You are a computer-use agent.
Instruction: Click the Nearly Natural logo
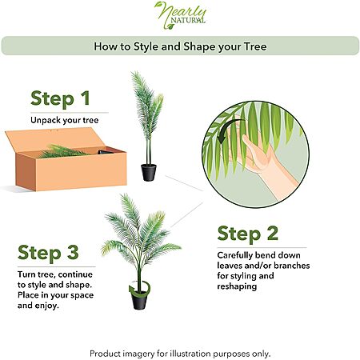(x=181, y=15)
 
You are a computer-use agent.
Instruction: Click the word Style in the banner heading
(x=146, y=47)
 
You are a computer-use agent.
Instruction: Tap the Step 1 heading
(x=60, y=99)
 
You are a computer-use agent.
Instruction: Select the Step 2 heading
(x=248, y=234)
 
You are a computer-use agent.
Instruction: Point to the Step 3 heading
(x=48, y=253)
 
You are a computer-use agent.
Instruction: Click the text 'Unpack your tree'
(x=65, y=120)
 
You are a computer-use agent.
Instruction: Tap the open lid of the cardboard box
(x=54, y=140)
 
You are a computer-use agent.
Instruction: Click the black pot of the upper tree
(x=149, y=173)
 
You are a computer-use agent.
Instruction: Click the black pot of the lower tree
(x=139, y=301)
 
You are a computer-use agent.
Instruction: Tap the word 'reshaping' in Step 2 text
(x=237, y=286)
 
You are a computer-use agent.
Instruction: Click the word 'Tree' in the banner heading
(x=255, y=46)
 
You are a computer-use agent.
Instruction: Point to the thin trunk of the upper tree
(x=148, y=150)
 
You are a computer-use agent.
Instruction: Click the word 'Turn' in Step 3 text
(x=26, y=274)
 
